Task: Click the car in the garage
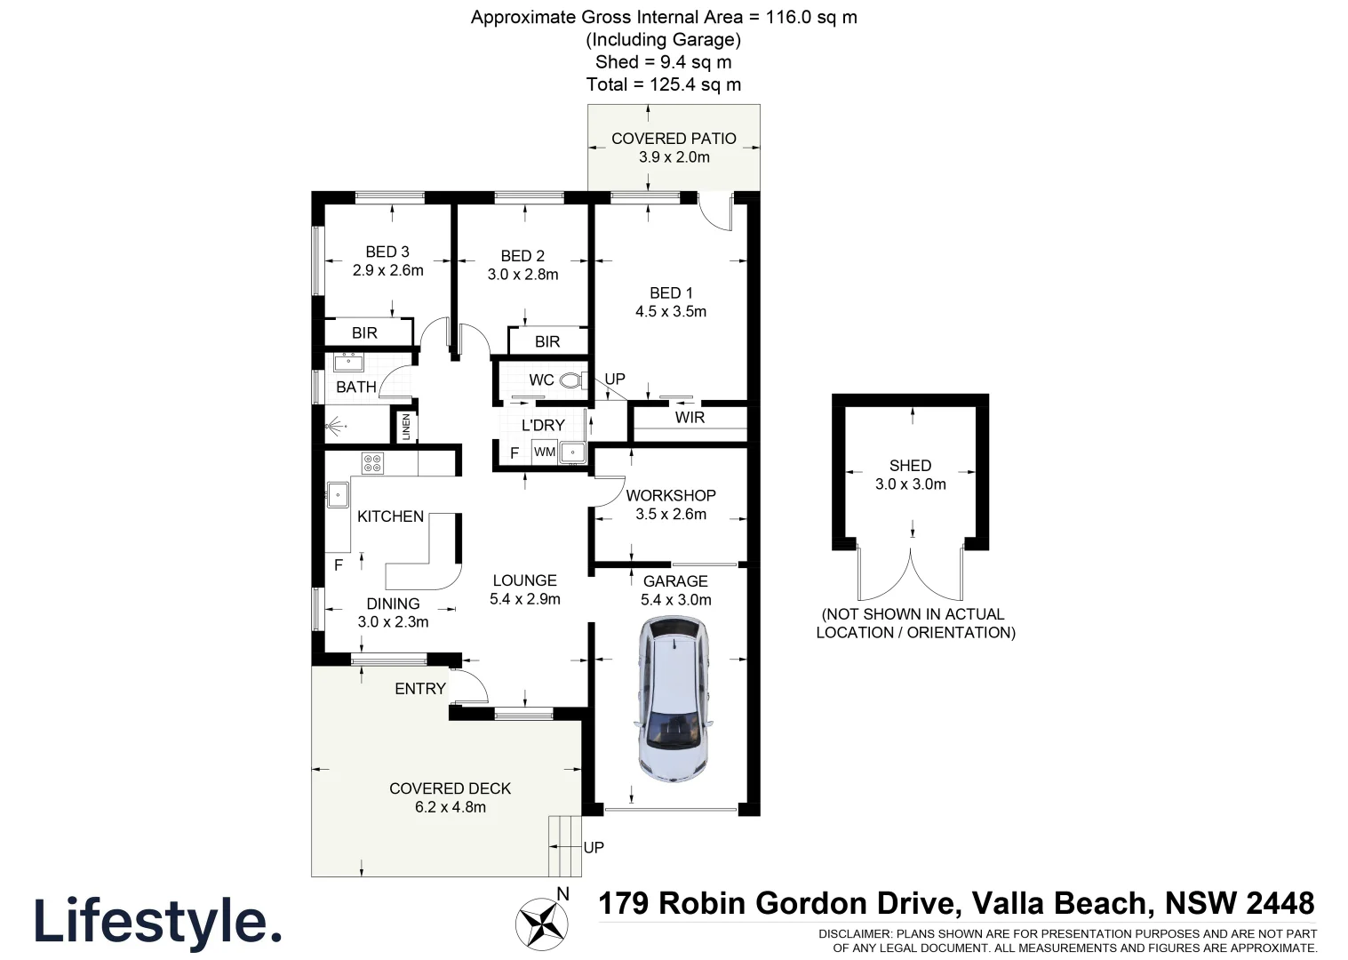[674, 699]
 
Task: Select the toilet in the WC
[573, 380]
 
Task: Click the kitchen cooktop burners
[372, 463]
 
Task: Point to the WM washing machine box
[545, 452]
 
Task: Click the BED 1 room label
[671, 293]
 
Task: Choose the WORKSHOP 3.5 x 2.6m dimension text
[671, 514]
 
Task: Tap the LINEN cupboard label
[406, 427]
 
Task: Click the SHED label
[910, 465]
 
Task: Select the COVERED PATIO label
[674, 139]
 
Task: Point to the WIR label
[690, 417]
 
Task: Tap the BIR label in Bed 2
[547, 342]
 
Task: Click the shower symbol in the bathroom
[335, 427]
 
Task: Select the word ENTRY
[420, 689]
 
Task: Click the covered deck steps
[564, 846]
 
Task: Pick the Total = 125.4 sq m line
[664, 84]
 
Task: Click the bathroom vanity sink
[349, 363]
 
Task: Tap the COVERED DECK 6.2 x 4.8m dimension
[451, 807]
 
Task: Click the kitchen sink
[338, 495]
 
